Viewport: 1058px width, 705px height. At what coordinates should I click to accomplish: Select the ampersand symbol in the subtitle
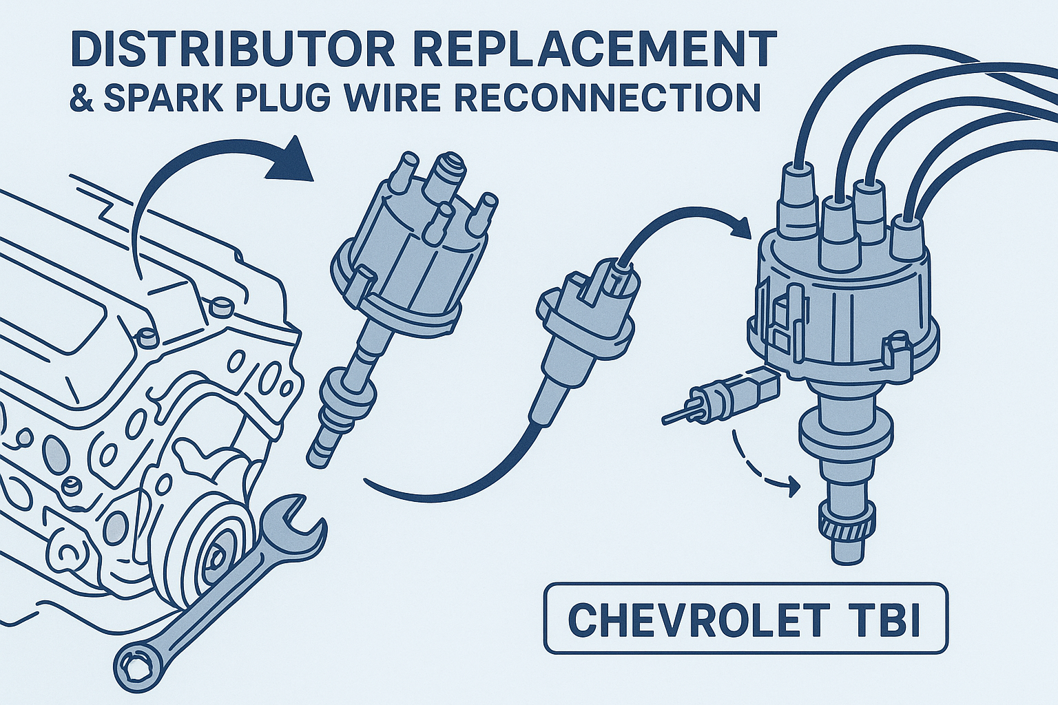click(x=82, y=98)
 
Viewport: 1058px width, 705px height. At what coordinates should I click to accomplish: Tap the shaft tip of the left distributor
click(x=321, y=454)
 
